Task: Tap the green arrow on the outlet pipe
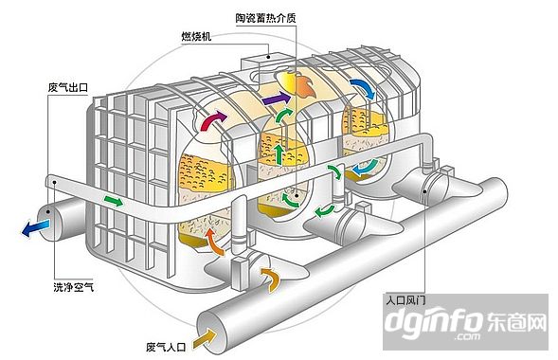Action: click(113, 200)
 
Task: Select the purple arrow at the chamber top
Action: click(277, 99)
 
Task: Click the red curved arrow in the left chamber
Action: click(213, 120)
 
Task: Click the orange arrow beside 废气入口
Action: click(206, 333)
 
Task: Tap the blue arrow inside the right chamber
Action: click(363, 170)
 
